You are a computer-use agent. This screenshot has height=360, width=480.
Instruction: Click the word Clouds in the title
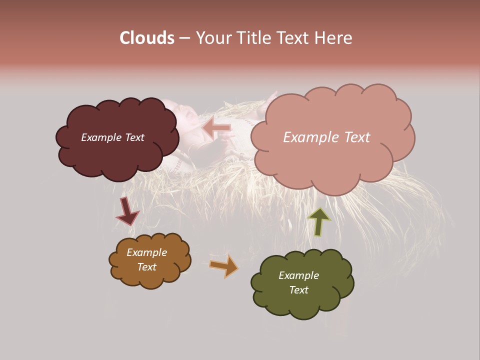[147, 38]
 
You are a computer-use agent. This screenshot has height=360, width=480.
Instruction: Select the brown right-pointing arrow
[224, 265]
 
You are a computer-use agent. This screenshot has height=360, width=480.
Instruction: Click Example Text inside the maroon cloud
[112, 137]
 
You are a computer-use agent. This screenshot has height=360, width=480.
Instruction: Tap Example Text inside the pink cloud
[326, 137]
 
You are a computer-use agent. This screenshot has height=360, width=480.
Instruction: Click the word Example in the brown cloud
[146, 252]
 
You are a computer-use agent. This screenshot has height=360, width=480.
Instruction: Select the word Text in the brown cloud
[146, 267]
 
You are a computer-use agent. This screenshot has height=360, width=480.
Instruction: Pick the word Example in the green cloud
[298, 275]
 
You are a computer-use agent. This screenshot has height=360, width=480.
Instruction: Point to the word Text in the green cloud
[298, 290]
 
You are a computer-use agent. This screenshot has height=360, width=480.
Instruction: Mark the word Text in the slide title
[293, 38]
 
